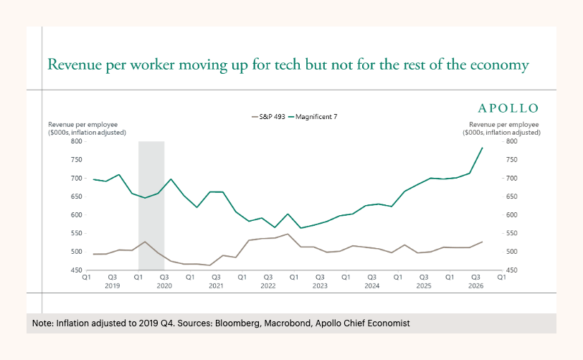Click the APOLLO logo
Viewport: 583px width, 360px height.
(508, 108)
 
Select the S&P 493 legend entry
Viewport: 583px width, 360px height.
(268, 117)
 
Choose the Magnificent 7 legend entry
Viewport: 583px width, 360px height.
(313, 117)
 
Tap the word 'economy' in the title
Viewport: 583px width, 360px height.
(499, 66)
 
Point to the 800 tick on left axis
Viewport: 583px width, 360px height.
(76, 141)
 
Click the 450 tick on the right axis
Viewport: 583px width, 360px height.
(511, 270)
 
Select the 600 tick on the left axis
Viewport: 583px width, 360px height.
(76, 215)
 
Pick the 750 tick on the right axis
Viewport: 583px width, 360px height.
(511, 160)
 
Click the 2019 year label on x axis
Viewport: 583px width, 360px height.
(113, 286)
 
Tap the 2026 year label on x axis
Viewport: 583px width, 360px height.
(476, 286)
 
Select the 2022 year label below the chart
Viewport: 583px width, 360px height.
(268, 286)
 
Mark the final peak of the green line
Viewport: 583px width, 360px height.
(482, 148)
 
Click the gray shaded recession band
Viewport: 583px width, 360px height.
(151, 206)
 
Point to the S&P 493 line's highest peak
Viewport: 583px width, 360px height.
(288, 234)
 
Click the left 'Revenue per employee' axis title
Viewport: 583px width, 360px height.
(87, 128)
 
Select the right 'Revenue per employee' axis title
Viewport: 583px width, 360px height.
(501, 128)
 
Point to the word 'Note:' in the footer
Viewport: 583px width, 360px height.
(43, 323)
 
